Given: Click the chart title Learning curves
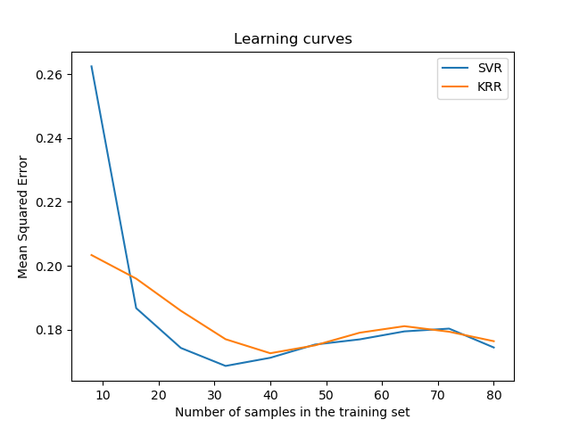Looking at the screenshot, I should [x=293, y=39].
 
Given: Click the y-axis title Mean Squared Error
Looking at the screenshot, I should [x=23, y=217].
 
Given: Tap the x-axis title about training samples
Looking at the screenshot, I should [x=293, y=412].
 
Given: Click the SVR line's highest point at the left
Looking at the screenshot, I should [x=92, y=67].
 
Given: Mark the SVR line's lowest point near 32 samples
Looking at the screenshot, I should [x=225, y=366].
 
